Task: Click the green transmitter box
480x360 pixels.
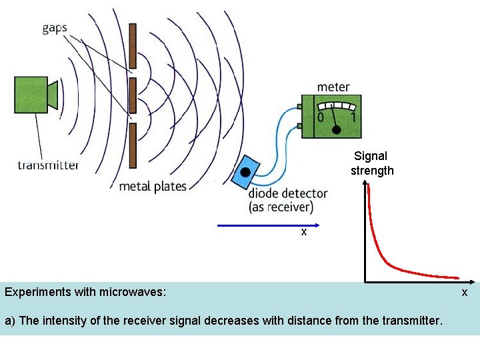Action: point(32,94)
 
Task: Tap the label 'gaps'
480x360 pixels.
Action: point(54,28)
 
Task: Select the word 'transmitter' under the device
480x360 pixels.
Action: point(49,165)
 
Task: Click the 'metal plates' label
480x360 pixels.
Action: point(153,186)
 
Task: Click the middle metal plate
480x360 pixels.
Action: point(133,95)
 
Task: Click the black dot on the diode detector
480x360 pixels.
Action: point(246,172)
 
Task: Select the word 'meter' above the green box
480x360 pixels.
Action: point(333,87)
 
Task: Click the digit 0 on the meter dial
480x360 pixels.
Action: point(321,117)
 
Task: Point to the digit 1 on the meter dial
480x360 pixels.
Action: point(353,117)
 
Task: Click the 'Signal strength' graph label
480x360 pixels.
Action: point(372,163)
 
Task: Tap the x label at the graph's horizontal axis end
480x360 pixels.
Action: point(465,293)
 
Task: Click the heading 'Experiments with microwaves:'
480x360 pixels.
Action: point(85,292)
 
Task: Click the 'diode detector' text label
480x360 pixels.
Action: point(288,194)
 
